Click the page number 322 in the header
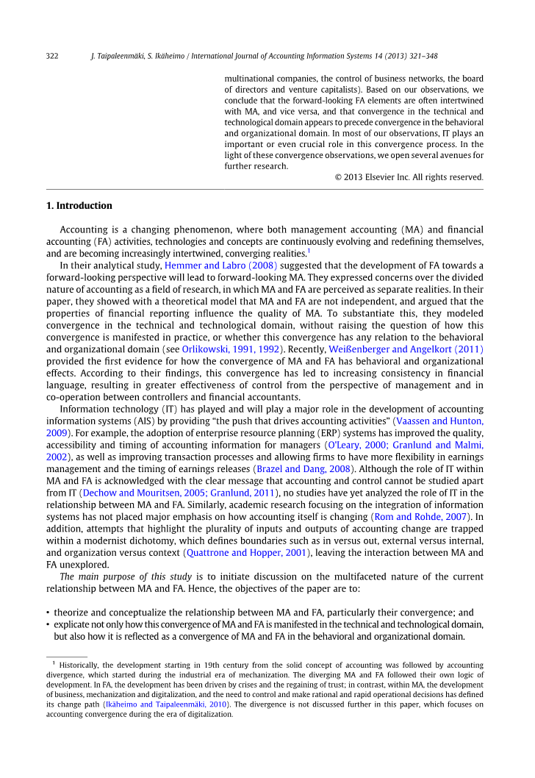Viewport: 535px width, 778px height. [52, 55]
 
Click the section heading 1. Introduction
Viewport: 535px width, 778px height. [79, 206]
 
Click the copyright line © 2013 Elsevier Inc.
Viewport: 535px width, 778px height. [409, 177]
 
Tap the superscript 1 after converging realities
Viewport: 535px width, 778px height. [309, 250]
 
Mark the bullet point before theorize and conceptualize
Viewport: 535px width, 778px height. [48, 613]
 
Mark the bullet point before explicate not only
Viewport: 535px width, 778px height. [48, 624]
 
